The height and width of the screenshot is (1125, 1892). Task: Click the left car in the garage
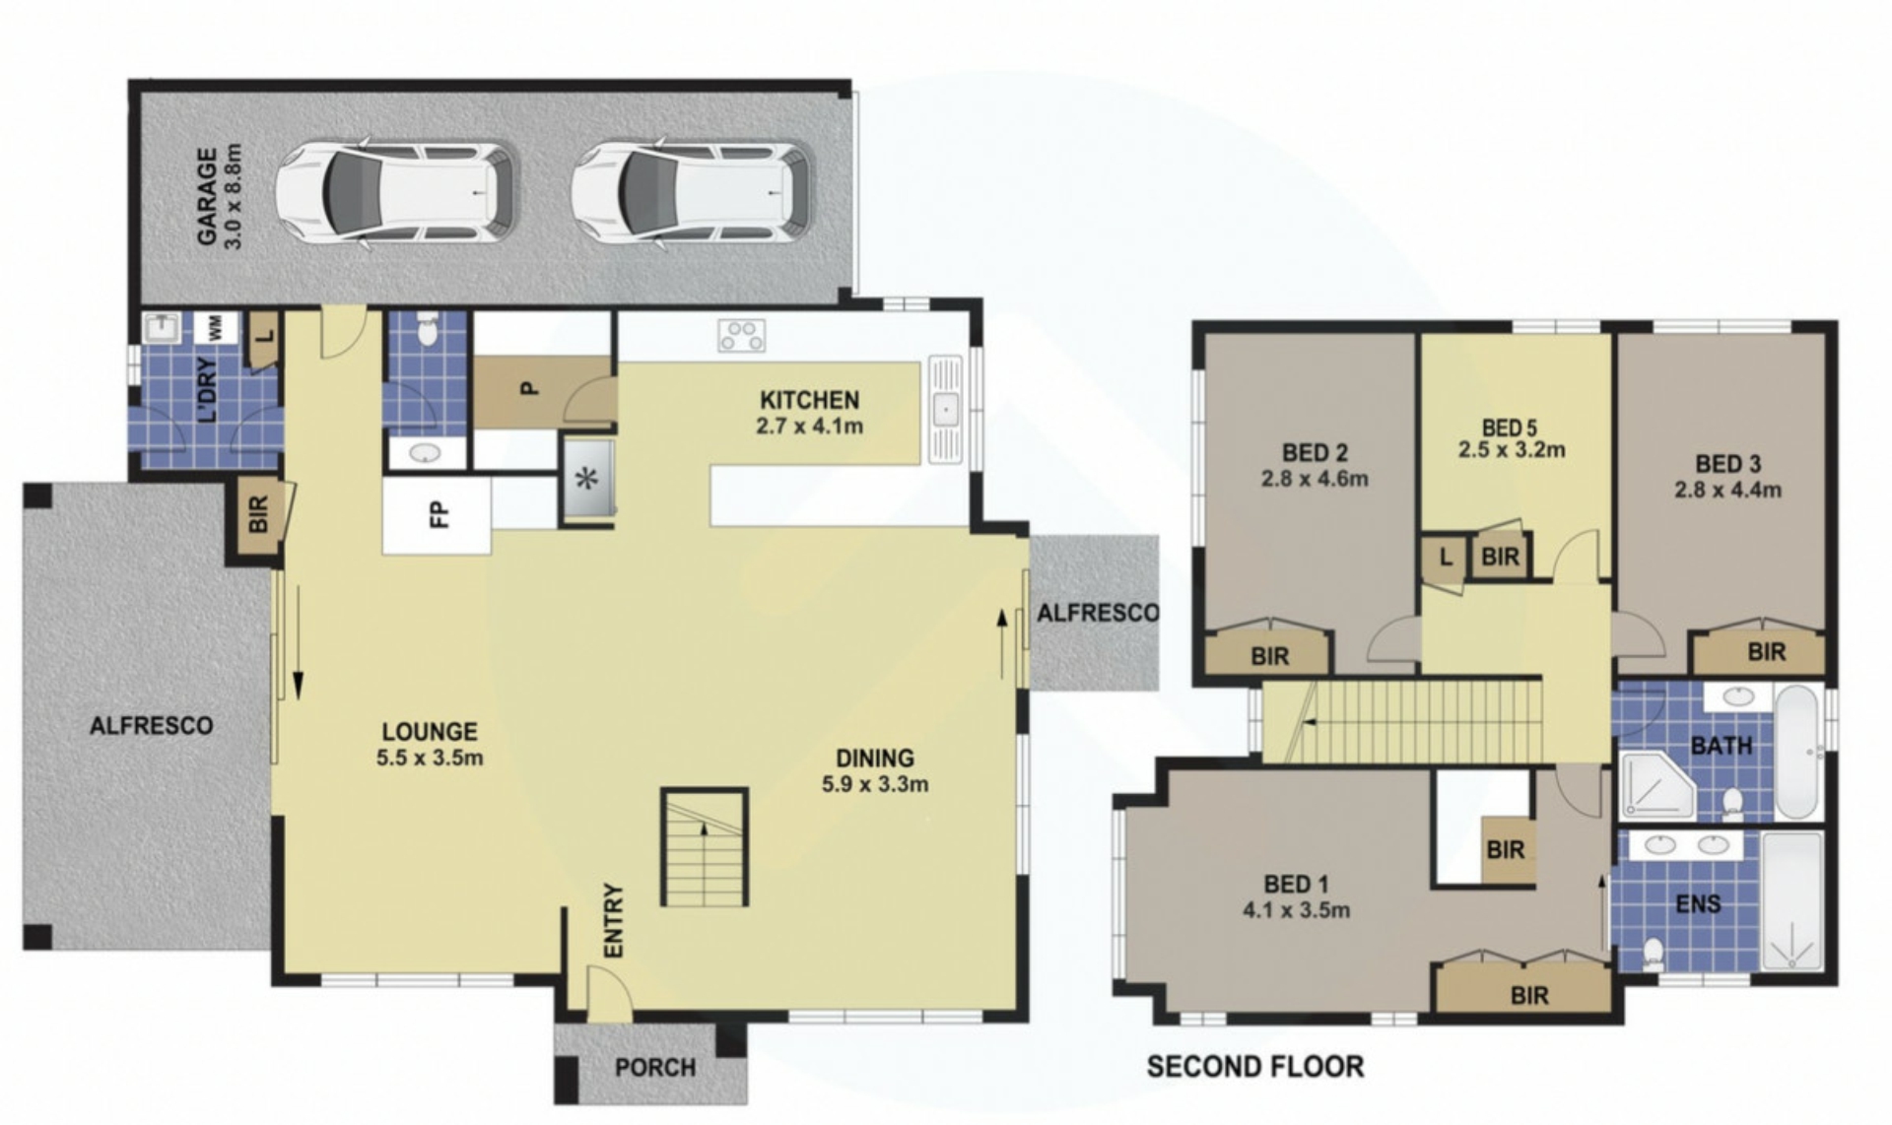pyautogui.click(x=395, y=193)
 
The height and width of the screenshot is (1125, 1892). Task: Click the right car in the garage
pyautogui.click(x=692, y=193)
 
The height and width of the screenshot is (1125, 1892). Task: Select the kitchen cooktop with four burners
pyautogui.click(x=741, y=335)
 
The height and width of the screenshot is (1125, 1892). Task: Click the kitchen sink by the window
pyautogui.click(x=946, y=408)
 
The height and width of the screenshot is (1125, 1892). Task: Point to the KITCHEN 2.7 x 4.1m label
pyautogui.click(x=809, y=413)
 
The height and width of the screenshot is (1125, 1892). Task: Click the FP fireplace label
pyautogui.click(x=439, y=513)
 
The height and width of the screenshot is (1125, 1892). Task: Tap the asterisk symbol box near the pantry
pyautogui.click(x=588, y=480)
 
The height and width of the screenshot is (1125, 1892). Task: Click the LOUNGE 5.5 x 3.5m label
pyautogui.click(x=430, y=744)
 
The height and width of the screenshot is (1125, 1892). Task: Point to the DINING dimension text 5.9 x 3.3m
pyautogui.click(x=875, y=784)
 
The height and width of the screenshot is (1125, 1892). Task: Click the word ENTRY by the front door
pyautogui.click(x=613, y=920)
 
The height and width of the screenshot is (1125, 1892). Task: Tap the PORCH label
pyautogui.click(x=655, y=1068)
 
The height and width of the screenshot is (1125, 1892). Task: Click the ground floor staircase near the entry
pyautogui.click(x=704, y=847)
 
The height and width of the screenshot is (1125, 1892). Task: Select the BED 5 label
pyautogui.click(x=1509, y=428)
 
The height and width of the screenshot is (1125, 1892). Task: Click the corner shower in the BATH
pyautogui.click(x=1656, y=785)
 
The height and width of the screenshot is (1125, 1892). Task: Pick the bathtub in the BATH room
pyautogui.click(x=1799, y=753)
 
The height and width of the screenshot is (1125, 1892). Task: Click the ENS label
pyautogui.click(x=1698, y=903)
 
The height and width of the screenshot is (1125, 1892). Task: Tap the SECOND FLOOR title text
pyautogui.click(x=1255, y=1066)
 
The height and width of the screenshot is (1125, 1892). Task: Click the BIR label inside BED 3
pyautogui.click(x=1766, y=651)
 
